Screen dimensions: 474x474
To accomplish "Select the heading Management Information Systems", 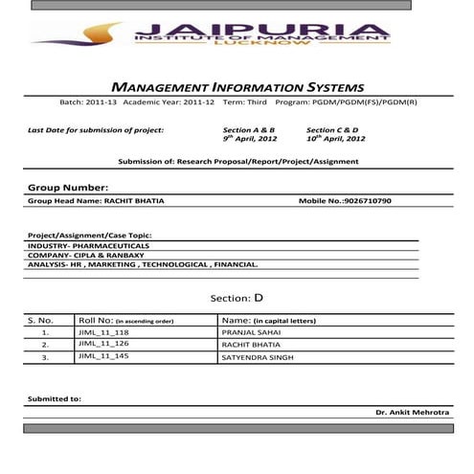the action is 237,87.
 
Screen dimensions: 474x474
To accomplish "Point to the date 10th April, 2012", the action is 336,138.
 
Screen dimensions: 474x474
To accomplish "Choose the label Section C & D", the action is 332,128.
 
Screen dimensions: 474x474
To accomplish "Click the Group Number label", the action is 68,188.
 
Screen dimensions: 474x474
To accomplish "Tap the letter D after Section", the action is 258,298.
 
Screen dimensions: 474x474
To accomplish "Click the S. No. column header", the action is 41,320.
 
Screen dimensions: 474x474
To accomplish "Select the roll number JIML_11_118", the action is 103,331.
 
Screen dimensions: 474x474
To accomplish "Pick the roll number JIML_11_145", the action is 103,357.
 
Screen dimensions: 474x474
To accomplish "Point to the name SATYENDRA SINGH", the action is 258,357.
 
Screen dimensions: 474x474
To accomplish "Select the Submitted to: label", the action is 55,397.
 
